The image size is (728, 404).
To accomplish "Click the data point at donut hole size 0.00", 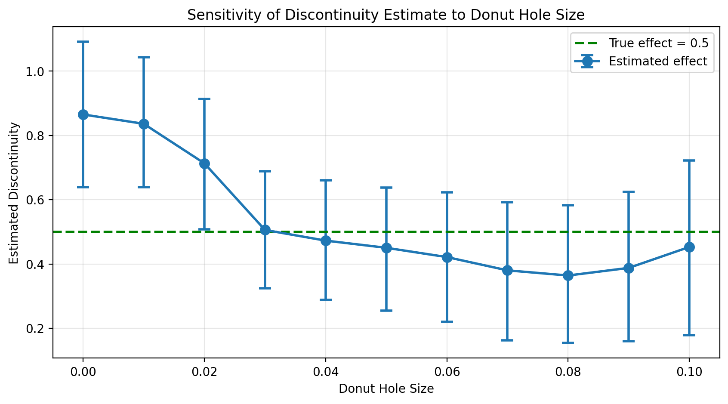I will [x=83, y=114].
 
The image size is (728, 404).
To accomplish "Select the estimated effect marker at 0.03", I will [x=265, y=230].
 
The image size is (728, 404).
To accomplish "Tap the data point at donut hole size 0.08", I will [x=568, y=275].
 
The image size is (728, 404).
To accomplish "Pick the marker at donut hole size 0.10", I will [x=689, y=247].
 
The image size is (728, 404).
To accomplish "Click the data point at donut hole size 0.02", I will [x=204, y=163].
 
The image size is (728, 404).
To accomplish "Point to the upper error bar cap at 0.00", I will [x=83, y=42].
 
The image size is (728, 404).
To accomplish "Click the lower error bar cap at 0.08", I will [x=568, y=343].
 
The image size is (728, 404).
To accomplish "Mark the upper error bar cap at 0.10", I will [x=689, y=160].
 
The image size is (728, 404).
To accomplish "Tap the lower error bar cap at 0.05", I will [x=386, y=310].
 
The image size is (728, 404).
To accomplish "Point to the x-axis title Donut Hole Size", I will [x=386, y=389].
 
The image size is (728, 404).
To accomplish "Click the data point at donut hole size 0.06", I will [x=447, y=257].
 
